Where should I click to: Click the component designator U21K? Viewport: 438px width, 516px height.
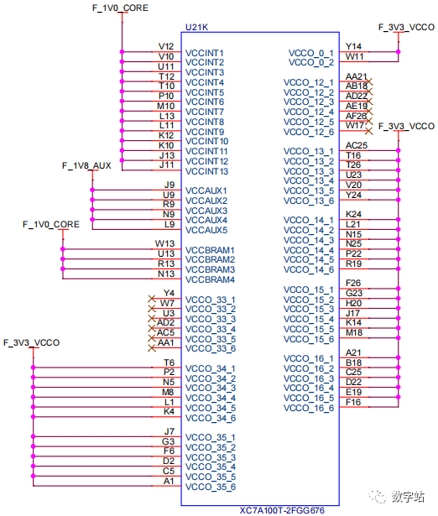tap(196, 28)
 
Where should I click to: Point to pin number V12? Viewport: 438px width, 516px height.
tap(166, 46)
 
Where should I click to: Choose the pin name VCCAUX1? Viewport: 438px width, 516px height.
tap(206, 190)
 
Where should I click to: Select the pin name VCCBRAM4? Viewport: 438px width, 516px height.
tap(210, 279)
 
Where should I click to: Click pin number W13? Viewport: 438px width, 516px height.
tap(165, 244)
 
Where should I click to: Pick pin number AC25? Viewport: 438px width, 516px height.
tap(356, 145)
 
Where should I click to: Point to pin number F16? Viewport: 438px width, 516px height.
tap(353, 402)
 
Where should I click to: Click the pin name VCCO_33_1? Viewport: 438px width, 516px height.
tap(211, 300)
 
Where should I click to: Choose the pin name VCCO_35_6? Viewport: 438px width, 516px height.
tap(211, 487)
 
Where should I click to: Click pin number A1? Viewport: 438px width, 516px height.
tap(169, 481)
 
